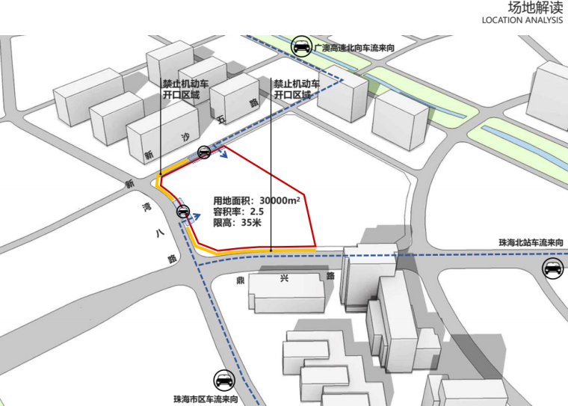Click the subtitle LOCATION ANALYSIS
(522, 22)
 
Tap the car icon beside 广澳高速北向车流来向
(301, 46)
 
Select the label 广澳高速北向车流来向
(354, 48)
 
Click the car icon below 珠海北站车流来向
(552, 268)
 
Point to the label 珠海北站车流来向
(531, 244)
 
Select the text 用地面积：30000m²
(256, 200)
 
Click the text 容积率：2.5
(238, 212)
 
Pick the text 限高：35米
(237, 223)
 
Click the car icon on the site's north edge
(204, 153)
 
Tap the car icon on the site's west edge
(182, 212)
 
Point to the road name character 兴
(285, 278)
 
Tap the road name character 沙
(186, 138)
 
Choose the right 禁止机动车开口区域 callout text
(296, 90)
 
